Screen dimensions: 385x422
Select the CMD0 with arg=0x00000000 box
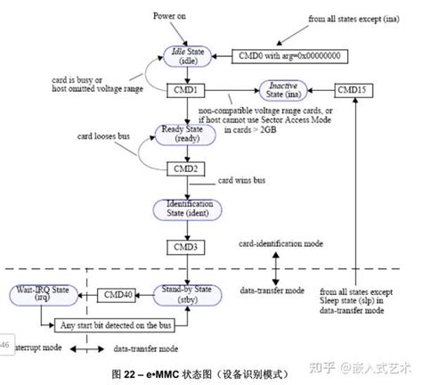click(290, 55)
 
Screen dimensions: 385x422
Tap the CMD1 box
click(186, 90)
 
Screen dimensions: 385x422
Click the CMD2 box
click(186, 167)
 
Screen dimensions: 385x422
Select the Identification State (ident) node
click(186, 207)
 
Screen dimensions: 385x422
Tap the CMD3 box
click(186, 244)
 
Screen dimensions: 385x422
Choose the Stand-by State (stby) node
click(186, 294)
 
